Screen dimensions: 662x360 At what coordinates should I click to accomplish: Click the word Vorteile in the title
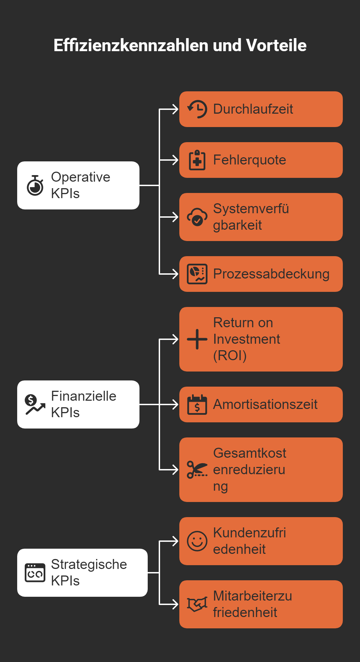[x=276, y=45]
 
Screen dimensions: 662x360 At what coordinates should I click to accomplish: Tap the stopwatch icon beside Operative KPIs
[x=35, y=185]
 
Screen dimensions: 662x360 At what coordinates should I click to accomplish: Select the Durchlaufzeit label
[x=253, y=109]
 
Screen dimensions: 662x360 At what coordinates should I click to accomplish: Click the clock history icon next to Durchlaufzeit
[x=197, y=109]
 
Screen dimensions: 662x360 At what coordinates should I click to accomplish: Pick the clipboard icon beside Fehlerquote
[x=197, y=160]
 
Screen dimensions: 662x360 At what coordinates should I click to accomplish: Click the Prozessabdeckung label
[x=271, y=274]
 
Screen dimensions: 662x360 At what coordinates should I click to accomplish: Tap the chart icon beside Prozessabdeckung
[x=197, y=274]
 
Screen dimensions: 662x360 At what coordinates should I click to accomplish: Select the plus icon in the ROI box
[x=197, y=339]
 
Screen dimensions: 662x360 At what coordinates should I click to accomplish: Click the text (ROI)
[x=230, y=356]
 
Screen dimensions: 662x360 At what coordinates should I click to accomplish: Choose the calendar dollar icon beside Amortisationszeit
[x=197, y=404]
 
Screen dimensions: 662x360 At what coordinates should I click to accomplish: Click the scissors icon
[x=197, y=470]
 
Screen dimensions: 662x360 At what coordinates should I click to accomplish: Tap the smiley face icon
[x=197, y=541]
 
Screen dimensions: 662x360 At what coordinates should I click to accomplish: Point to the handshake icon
[x=197, y=604]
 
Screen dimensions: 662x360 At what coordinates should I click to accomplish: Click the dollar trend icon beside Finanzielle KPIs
[x=35, y=404]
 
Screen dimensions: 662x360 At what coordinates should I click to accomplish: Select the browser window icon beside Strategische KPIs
[x=35, y=573]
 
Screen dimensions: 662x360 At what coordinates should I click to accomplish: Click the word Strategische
[x=89, y=564]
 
